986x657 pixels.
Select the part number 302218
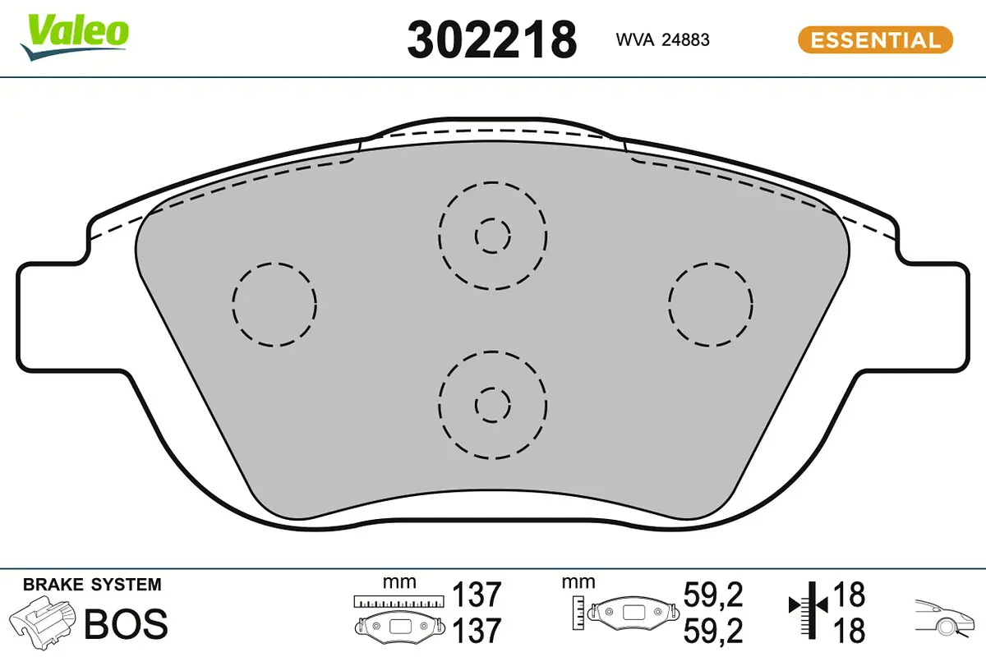click(491, 39)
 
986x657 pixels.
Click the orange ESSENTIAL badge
click(875, 39)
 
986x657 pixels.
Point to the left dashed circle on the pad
click(274, 305)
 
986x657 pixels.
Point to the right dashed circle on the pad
click(711, 305)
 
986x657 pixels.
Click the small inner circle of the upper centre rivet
click(492, 236)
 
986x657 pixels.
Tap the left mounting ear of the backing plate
click(49, 316)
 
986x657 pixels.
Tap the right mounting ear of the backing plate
click(937, 316)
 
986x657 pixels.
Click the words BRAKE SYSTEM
click(92, 585)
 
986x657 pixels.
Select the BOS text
click(126, 625)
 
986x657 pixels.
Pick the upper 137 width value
click(477, 594)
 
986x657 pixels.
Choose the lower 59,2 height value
click(713, 631)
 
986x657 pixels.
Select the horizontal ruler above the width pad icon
click(399, 601)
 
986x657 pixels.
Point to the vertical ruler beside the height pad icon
click(580, 609)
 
